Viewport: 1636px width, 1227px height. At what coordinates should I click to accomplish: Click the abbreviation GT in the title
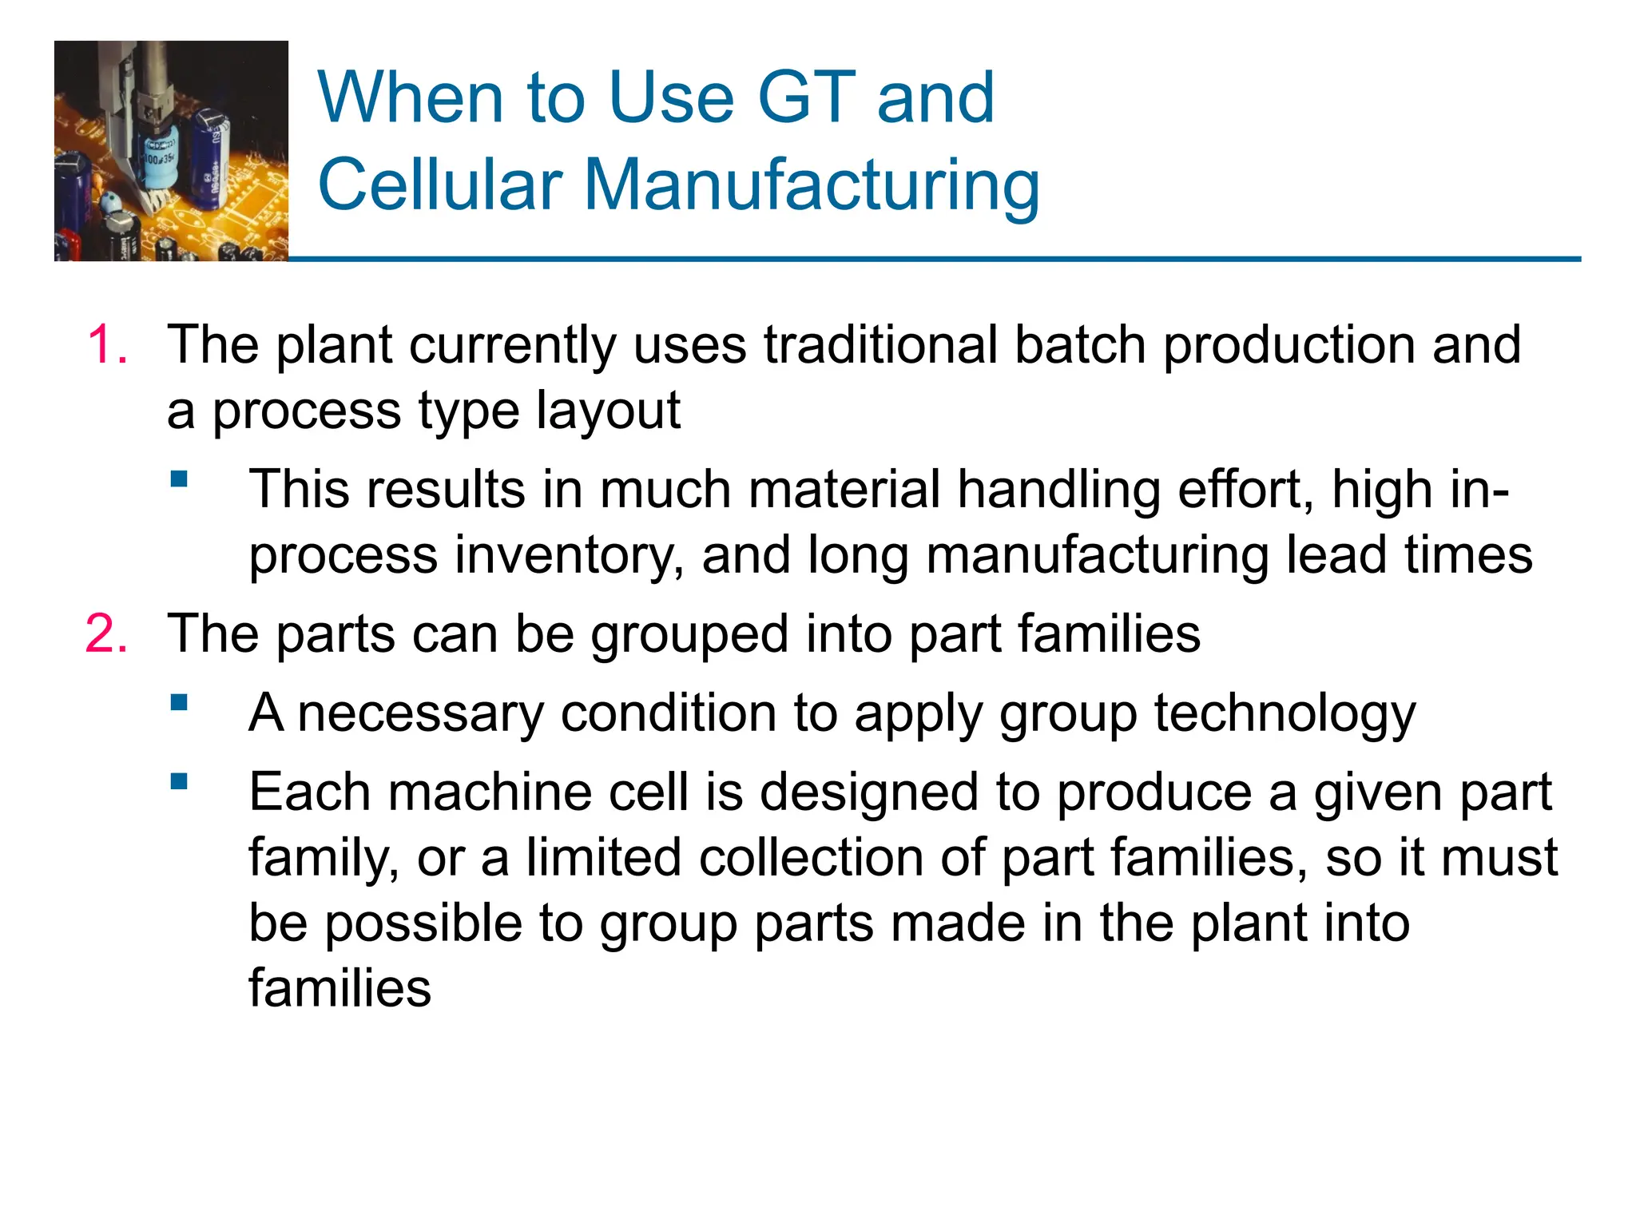tap(807, 97)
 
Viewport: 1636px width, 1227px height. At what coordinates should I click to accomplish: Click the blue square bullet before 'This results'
tap(179, 480)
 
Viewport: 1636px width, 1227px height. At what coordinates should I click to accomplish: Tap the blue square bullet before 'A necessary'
tap(179, 703)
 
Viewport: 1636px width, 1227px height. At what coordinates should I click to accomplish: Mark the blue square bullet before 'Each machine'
tap(179, 781)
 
